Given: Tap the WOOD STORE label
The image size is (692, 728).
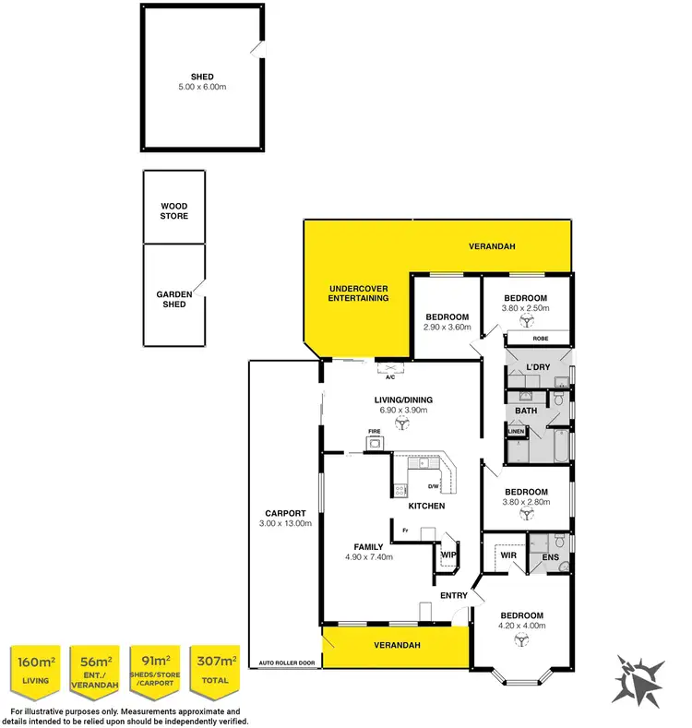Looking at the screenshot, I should click(x=174, y=211).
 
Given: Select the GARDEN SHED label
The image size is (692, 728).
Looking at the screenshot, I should click(x=174, y=298).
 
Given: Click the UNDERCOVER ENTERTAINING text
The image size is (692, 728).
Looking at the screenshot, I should click(x=358, y=293).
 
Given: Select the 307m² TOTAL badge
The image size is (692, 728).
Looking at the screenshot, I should click(x=214, y=670).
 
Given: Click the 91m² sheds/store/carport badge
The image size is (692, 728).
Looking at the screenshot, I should click(x=154, y=670).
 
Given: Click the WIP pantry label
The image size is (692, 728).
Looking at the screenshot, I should click(x=449, y=554).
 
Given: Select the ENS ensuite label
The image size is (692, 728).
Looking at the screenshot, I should click(x=549, y=556).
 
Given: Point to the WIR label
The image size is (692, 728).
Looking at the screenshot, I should click(x=507, y=555).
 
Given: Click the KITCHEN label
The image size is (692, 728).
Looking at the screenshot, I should click(x=427, y=506).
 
